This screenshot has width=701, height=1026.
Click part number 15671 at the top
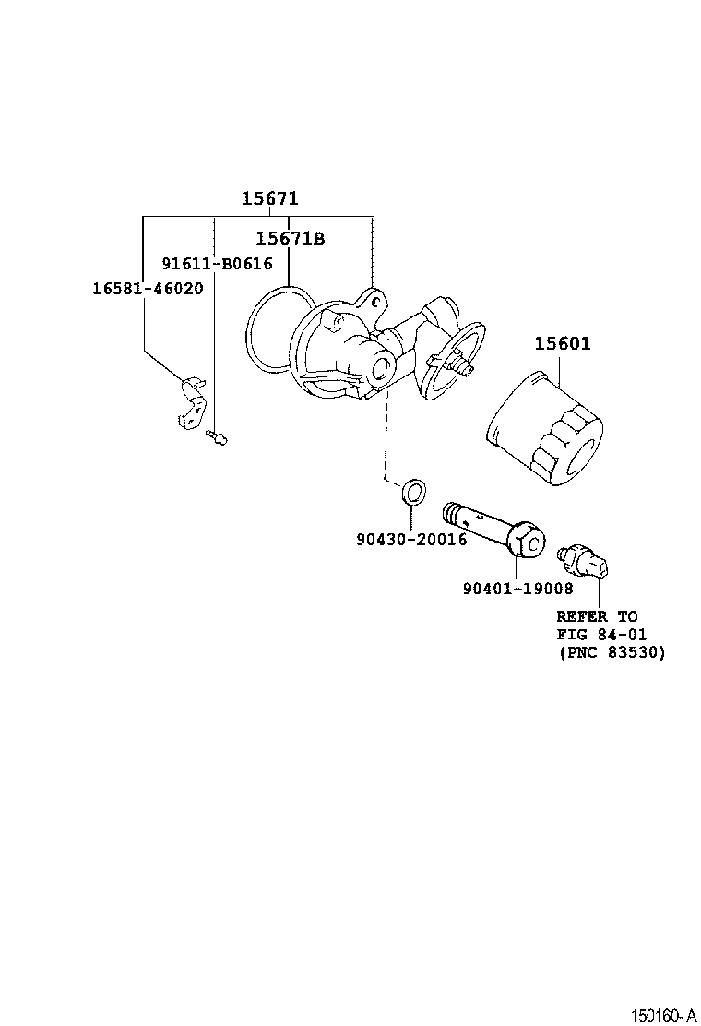tap(270, 198)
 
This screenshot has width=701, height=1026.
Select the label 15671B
tap(290, 239)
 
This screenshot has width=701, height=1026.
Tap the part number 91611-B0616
tap(217, 264)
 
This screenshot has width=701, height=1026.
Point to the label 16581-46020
tap(147, 288)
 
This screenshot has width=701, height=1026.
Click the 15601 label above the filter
tap(563, 344)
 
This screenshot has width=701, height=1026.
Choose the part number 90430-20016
tap(411, 539)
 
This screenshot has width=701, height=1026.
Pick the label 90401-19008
tap(517, 588)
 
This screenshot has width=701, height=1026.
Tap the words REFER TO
tap(597, 615)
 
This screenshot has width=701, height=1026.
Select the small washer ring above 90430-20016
tap(414, 491)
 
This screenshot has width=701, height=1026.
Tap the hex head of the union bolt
tap(529, 542)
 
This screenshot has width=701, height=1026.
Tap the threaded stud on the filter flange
tap(461, 367)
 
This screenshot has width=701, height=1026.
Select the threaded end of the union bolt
tap(455, 510)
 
